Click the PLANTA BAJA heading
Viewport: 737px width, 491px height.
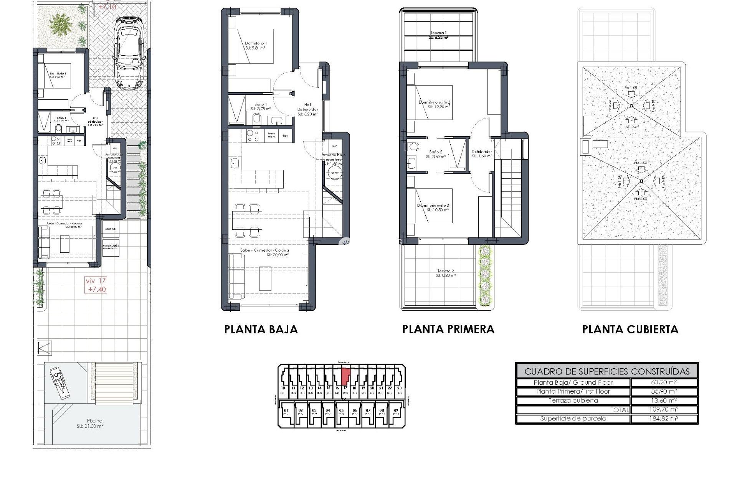point(261,330)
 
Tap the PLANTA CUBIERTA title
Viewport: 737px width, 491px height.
point(630,330)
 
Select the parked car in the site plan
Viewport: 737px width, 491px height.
point(130,53)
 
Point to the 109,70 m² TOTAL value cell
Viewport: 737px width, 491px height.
point(664,410)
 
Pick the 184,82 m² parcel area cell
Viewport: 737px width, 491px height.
point(664,419)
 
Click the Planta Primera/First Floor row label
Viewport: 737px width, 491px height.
point(573,392)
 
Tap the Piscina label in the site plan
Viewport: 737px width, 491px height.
point(91,423)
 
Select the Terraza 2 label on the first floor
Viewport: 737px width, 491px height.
point(446,273)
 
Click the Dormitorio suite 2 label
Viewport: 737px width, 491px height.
point(434,104)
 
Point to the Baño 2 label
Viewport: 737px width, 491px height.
point(436,154)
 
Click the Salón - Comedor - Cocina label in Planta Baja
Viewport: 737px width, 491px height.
point(264,252)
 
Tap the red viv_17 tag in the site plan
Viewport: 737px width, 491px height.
point(96,285)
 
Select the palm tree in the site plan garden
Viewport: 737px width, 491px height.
point(61,24)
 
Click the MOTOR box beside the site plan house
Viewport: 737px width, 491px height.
point(110,229)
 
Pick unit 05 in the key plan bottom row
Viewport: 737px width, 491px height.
point(341,412)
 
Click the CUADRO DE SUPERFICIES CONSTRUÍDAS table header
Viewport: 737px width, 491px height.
point(606,371)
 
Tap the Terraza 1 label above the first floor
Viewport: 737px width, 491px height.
point(438,35)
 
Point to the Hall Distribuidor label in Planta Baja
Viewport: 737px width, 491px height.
point(307,109)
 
